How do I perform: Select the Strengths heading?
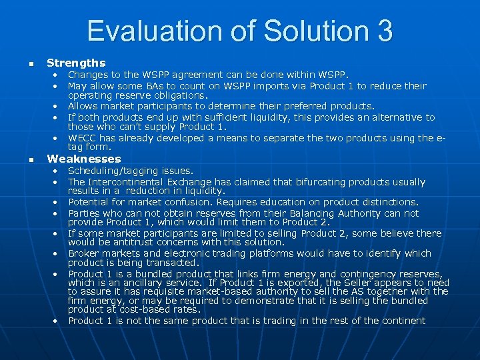pos(76,63)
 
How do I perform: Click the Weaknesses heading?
pos(84,159)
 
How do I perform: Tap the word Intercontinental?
pos(128,182)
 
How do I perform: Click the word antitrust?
pos(131,242)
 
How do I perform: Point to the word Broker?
pos(84,253)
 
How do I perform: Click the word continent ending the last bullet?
pos(403,321)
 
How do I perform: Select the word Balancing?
pos(317,213)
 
